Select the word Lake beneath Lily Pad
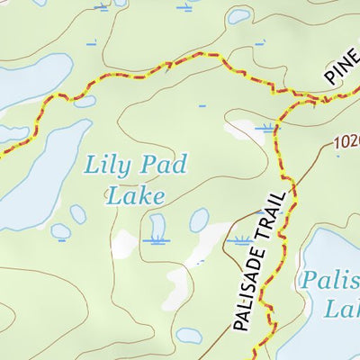tap(135, 194)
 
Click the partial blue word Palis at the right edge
tap(330, 280)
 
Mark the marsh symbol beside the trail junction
tap(265, 129)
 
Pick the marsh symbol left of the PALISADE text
tap(240, 240)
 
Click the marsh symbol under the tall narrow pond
tap(157, 240)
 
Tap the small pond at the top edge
tap(239, 15)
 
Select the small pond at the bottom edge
tap(189, 335)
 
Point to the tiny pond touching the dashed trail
tap(85, 101)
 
